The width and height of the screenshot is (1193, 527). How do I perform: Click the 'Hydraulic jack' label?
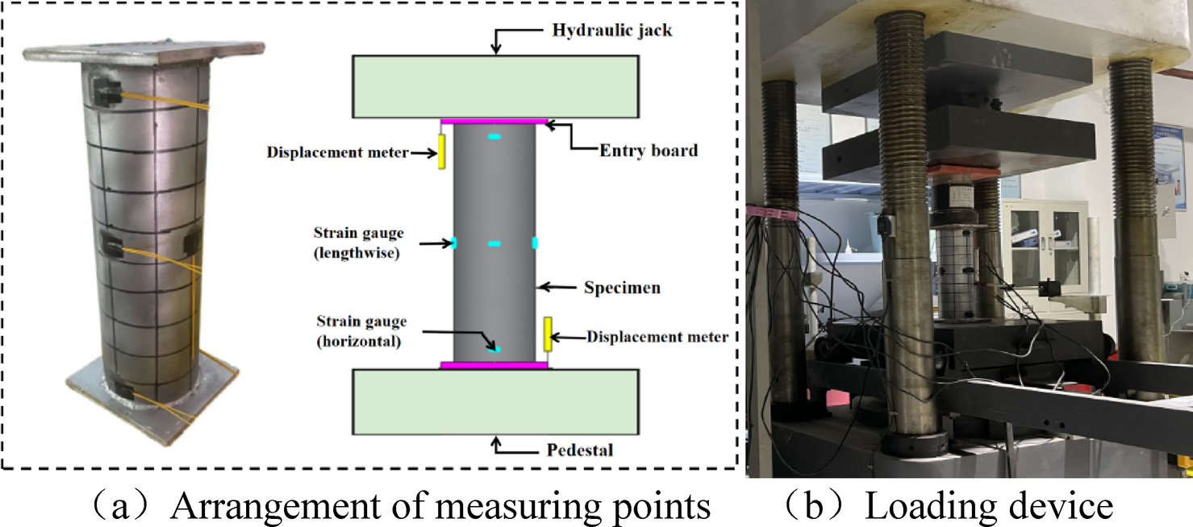[x=612, y=31]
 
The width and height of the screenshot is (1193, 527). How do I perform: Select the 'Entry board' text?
[x=648, y=150]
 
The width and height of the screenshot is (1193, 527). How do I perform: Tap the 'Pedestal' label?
[x=572, y=449]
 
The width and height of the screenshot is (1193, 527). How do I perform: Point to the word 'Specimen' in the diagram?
[x=622, y=287]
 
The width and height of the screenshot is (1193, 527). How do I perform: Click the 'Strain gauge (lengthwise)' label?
[x=358, y=243]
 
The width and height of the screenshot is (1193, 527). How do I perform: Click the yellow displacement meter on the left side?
[x=442, y=152]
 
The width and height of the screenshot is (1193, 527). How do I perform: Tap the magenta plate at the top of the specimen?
[x=494, y=121]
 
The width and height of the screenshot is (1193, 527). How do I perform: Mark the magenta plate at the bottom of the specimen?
[x=494, y=365]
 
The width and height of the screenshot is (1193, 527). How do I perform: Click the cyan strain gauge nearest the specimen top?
[x=494, y=138]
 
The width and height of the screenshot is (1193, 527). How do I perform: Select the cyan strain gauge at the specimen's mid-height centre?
[x=494, y=243]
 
